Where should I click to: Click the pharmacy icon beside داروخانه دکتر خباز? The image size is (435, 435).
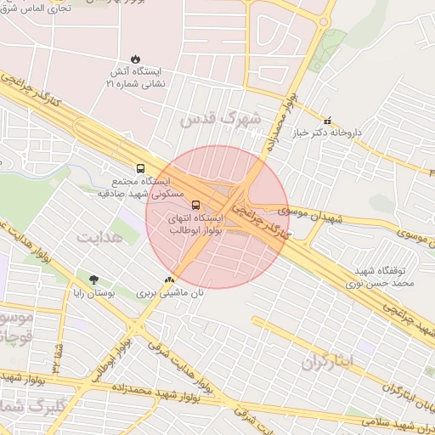click(x=328, y=121)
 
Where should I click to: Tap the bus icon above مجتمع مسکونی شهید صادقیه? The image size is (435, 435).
click(x=140, y=167)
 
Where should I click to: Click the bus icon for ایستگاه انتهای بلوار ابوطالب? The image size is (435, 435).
click(x=196, y=205)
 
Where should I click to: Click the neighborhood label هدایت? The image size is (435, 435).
click(x=100, y=236)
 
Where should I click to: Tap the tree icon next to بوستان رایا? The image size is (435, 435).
click(x=93, y=280)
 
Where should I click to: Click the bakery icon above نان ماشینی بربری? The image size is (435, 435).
click(x=170, y=278)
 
